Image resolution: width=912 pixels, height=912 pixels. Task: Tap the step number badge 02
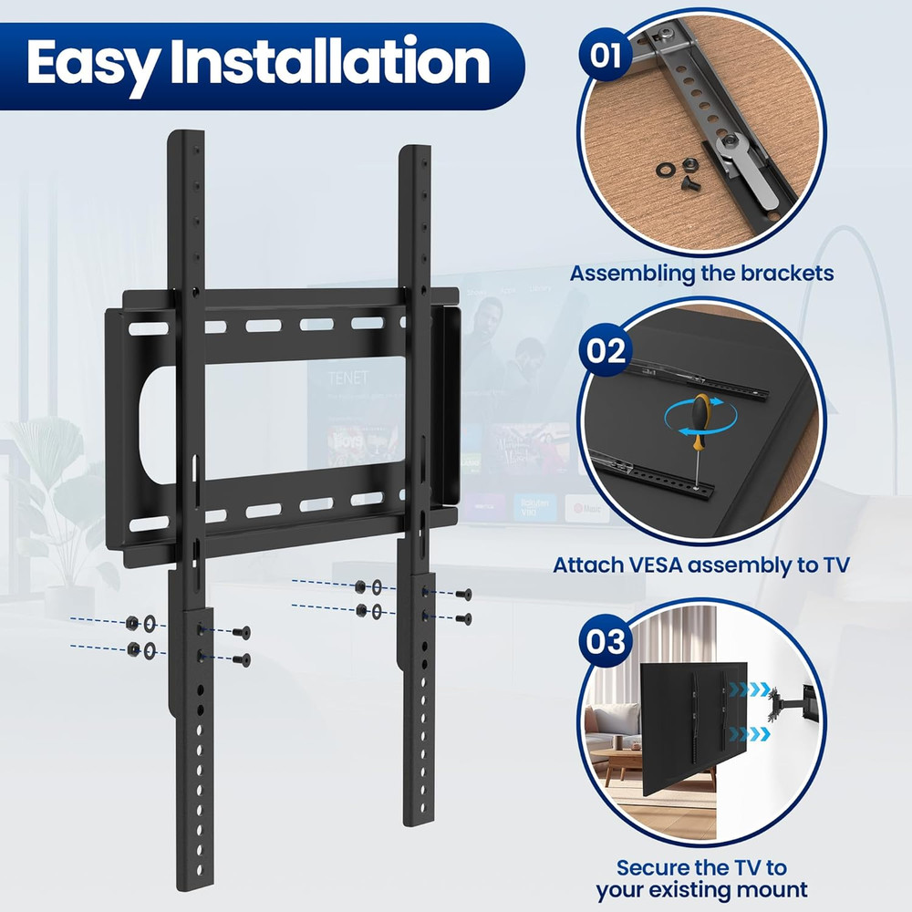click(x=605, y=349)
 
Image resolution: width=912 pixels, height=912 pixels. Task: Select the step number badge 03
click(x=605, y=643)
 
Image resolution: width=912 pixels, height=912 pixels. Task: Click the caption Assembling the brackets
click(x=701, y=273)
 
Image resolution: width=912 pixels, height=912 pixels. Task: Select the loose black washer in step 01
click(x=667, y=170)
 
